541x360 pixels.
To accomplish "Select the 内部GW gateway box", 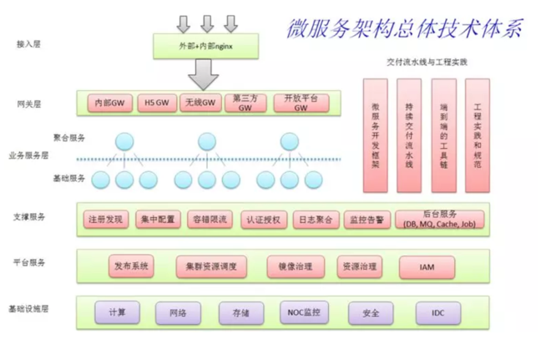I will coord(109,103).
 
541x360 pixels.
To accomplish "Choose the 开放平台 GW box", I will coord(296,103).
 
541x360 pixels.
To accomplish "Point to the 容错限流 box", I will coord(209,220).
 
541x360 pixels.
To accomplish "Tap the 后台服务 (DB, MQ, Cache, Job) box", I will coord(438,220).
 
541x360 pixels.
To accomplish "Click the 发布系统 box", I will coord(131,266).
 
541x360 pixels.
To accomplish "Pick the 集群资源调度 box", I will coord(211,266).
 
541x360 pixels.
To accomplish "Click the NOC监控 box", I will coord(304,313).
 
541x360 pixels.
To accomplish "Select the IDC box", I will coord(438,313).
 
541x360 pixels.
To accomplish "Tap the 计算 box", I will coord(117,313).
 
